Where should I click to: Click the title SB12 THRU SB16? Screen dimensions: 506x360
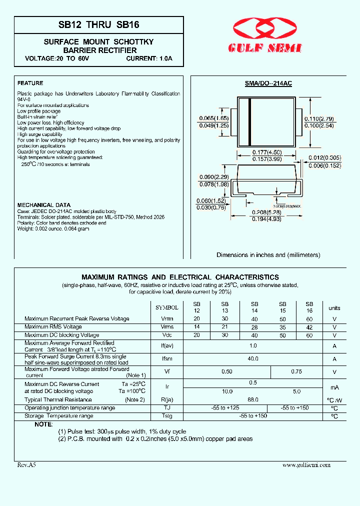(x=99, y=24)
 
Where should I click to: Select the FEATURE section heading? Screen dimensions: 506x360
(x=30, y=83)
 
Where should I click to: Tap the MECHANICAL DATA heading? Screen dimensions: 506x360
(x=44, y=205)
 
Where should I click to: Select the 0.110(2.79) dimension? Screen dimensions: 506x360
(x=318, y=118)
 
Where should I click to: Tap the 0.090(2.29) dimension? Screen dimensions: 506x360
(x=214, y=176)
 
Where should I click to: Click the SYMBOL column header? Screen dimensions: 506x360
(x=167, y=308)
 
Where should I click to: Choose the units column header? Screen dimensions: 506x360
(x=334, y=308)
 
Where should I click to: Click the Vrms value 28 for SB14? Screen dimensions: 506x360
(x=254, y=327)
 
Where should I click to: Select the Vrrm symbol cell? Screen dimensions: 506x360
(x=167, y=318)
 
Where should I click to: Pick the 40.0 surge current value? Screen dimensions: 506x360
(x=253, y=358)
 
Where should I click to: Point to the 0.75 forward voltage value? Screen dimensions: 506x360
(x=296, y=371)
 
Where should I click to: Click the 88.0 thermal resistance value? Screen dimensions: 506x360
(x=253, y=399)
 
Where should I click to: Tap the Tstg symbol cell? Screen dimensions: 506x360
(x=167, y=416)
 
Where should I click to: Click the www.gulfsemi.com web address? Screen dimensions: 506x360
(x=306, y=464)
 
